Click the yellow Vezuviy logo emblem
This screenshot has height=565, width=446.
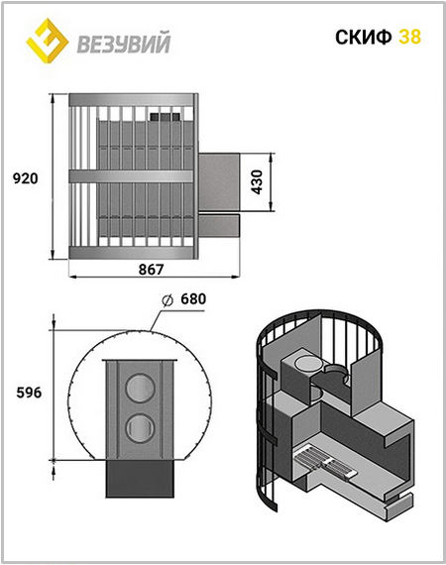click(48, 41)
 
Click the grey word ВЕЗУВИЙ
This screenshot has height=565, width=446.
click(124, 44)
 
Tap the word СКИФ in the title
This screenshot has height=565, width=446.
click(364, 37)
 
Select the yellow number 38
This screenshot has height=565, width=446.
click(409, 37)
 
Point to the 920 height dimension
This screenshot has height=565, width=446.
click(25, 178)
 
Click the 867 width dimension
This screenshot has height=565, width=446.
click(152, 269)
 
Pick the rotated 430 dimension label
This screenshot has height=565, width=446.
click(258, 182)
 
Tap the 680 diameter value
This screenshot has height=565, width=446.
click(193, 298)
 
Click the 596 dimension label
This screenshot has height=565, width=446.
click(29, 393)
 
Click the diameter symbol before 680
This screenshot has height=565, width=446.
click(167, 300)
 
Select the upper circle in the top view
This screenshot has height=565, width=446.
click(140, 389)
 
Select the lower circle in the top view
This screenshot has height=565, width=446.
click(140, 427)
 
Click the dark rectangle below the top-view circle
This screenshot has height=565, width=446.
click(140, 479)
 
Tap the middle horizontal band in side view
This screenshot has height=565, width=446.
click(131, 176)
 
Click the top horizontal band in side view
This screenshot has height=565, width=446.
click(132, 100)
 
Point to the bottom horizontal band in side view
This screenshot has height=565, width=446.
click(132, 253)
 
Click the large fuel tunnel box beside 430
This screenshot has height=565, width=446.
click(219, 181)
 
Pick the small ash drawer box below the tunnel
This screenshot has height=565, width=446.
click(219, 226)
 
